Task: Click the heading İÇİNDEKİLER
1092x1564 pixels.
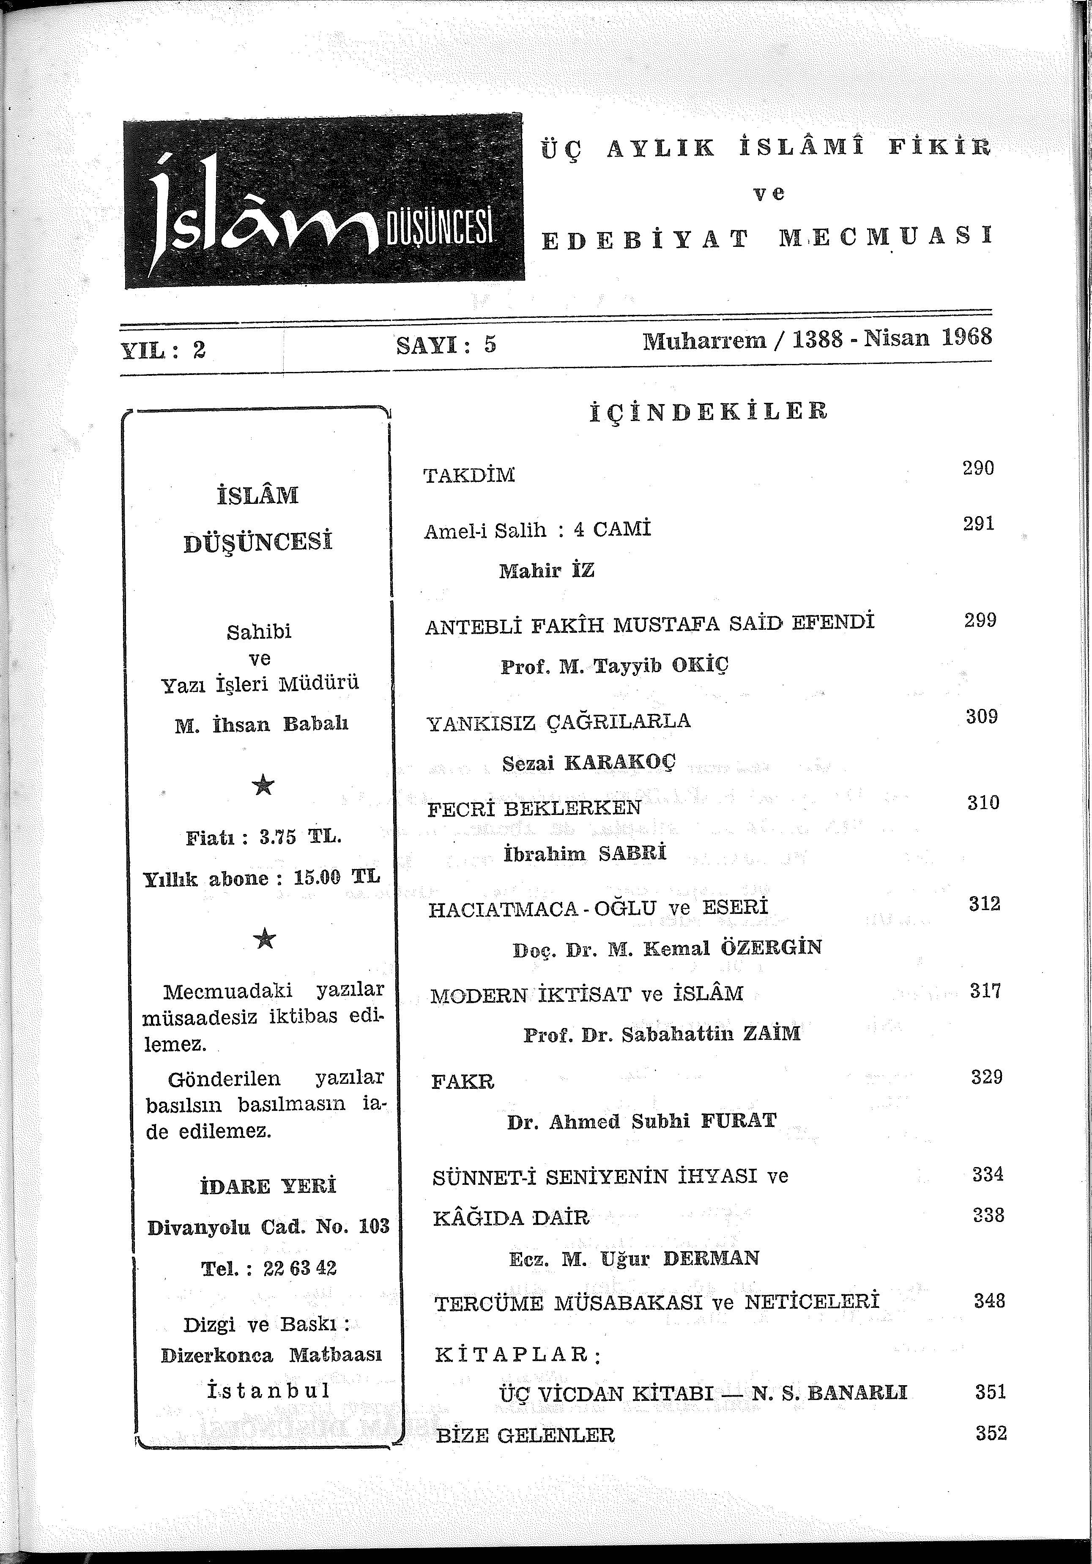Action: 709,412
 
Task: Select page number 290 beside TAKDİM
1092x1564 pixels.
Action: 978,468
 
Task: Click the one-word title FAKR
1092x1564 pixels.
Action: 463,1082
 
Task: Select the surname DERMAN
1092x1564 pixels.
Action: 711,1258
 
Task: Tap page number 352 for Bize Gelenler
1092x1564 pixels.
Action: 991,1434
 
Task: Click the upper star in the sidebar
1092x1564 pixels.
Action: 263,786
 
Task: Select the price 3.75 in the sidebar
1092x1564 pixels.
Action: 278,837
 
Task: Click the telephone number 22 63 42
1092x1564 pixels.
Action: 300,1269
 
